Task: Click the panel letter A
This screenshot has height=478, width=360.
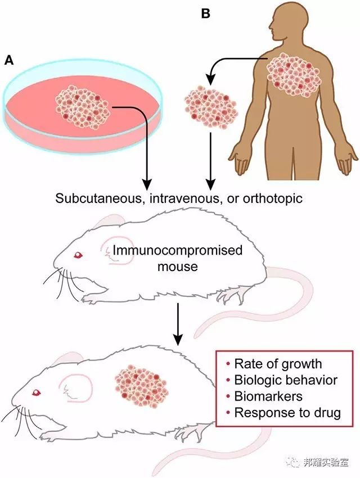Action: tap(9, 60)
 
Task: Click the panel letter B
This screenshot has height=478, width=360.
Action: tap(206, 13)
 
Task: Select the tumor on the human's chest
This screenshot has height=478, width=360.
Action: tap(294, 75)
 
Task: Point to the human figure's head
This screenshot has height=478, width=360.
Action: tap(286, 21)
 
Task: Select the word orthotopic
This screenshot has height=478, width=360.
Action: tap(272, 199)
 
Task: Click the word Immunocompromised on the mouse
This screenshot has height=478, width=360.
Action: tap(177, 251)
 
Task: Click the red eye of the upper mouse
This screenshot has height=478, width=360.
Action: tap(78, 255)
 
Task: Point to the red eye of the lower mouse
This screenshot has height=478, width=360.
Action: tap(37, 393)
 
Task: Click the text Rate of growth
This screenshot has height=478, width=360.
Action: tap(278, 364)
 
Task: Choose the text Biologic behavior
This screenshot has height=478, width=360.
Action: tap(286, 380)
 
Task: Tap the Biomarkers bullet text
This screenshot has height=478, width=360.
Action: tap(268, 396)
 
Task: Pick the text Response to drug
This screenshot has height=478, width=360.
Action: tap(287, 413)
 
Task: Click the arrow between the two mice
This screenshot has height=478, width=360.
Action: tap(178, 324)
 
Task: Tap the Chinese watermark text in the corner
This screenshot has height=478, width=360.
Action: tap(326, 462)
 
